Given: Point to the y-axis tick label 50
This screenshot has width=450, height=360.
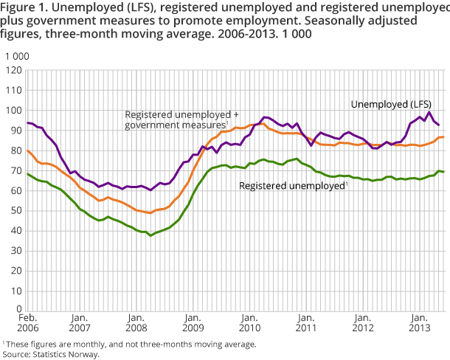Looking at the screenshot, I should (x=14, y=210).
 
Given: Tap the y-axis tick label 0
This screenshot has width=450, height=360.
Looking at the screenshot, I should (x=17, y=311).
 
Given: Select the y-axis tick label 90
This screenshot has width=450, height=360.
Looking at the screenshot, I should (x=14, y=131).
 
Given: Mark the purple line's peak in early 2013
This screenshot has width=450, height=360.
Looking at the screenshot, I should (x=430, y=112).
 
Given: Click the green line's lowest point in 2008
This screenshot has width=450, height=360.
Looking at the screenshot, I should (x=150, y=235).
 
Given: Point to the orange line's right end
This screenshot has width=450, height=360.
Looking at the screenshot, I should (x=442, y=137).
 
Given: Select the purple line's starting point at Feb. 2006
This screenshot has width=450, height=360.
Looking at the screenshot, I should (x=27, y=122).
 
